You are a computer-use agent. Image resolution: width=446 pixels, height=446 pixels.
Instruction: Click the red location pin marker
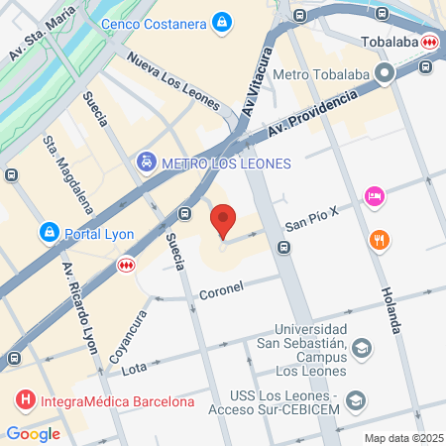pos(223,219)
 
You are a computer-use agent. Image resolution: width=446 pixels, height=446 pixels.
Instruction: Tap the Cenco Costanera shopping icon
pos(222,21)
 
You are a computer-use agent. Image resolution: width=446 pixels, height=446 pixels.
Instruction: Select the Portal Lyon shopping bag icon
pos(49,232)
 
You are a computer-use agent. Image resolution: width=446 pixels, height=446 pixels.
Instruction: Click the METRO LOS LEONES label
pos(227,162)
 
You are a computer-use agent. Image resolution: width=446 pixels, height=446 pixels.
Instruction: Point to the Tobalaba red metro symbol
pos(429,42)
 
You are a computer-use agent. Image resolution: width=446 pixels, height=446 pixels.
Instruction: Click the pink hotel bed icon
pos(374,196)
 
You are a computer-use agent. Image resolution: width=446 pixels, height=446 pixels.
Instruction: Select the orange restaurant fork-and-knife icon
pos(379,239)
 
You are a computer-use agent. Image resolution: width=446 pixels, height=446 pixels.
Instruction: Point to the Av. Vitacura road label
pos(255,83)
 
